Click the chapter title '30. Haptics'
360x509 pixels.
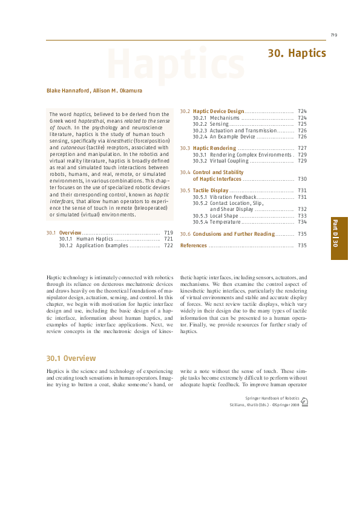click(x=296, y=54)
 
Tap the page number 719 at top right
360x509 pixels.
click(x=333, y=34)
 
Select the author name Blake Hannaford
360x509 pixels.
click(x=68, y=91)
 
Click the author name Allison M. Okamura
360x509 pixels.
click(x=117, y=91)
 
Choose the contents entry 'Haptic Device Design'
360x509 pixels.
click(x=218, y=111)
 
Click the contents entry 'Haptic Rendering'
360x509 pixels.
click(x=214, y=148)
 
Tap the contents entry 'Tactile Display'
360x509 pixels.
click(x=211, y=190)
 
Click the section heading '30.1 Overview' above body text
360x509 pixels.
click(x=71, y=358)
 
